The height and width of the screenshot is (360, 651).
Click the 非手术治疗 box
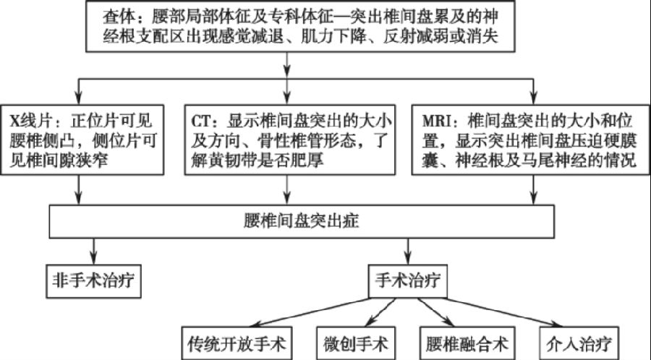pyautogui.click(x=93, y=281)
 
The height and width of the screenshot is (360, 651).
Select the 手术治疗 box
pyautogui.click(x=408, y=281)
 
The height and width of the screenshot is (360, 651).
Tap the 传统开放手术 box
pyautogui.click(x=237, y=343)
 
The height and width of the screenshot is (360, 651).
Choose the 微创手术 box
pyautogui.click(x=356, y=343)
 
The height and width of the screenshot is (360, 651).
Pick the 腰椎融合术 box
pyautogui.click(x=467, y=343)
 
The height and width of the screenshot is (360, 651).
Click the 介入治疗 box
pyautogui.click(x=579, y=343)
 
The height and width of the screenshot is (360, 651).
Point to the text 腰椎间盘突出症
pyautogui.click(x=302, y=220)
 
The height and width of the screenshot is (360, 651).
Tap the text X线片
pyautogui.click(x=30, y=121)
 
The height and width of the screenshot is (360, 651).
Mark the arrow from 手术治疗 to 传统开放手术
pyautogui.click(x=311, y=312)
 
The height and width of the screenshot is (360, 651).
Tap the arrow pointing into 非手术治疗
pyautogui.click(x=94, y=252)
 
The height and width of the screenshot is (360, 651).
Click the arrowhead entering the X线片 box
pyautogui.click(x=78, y=99)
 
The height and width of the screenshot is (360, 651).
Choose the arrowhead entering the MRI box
pyautogui.click(x=534, y=99)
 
